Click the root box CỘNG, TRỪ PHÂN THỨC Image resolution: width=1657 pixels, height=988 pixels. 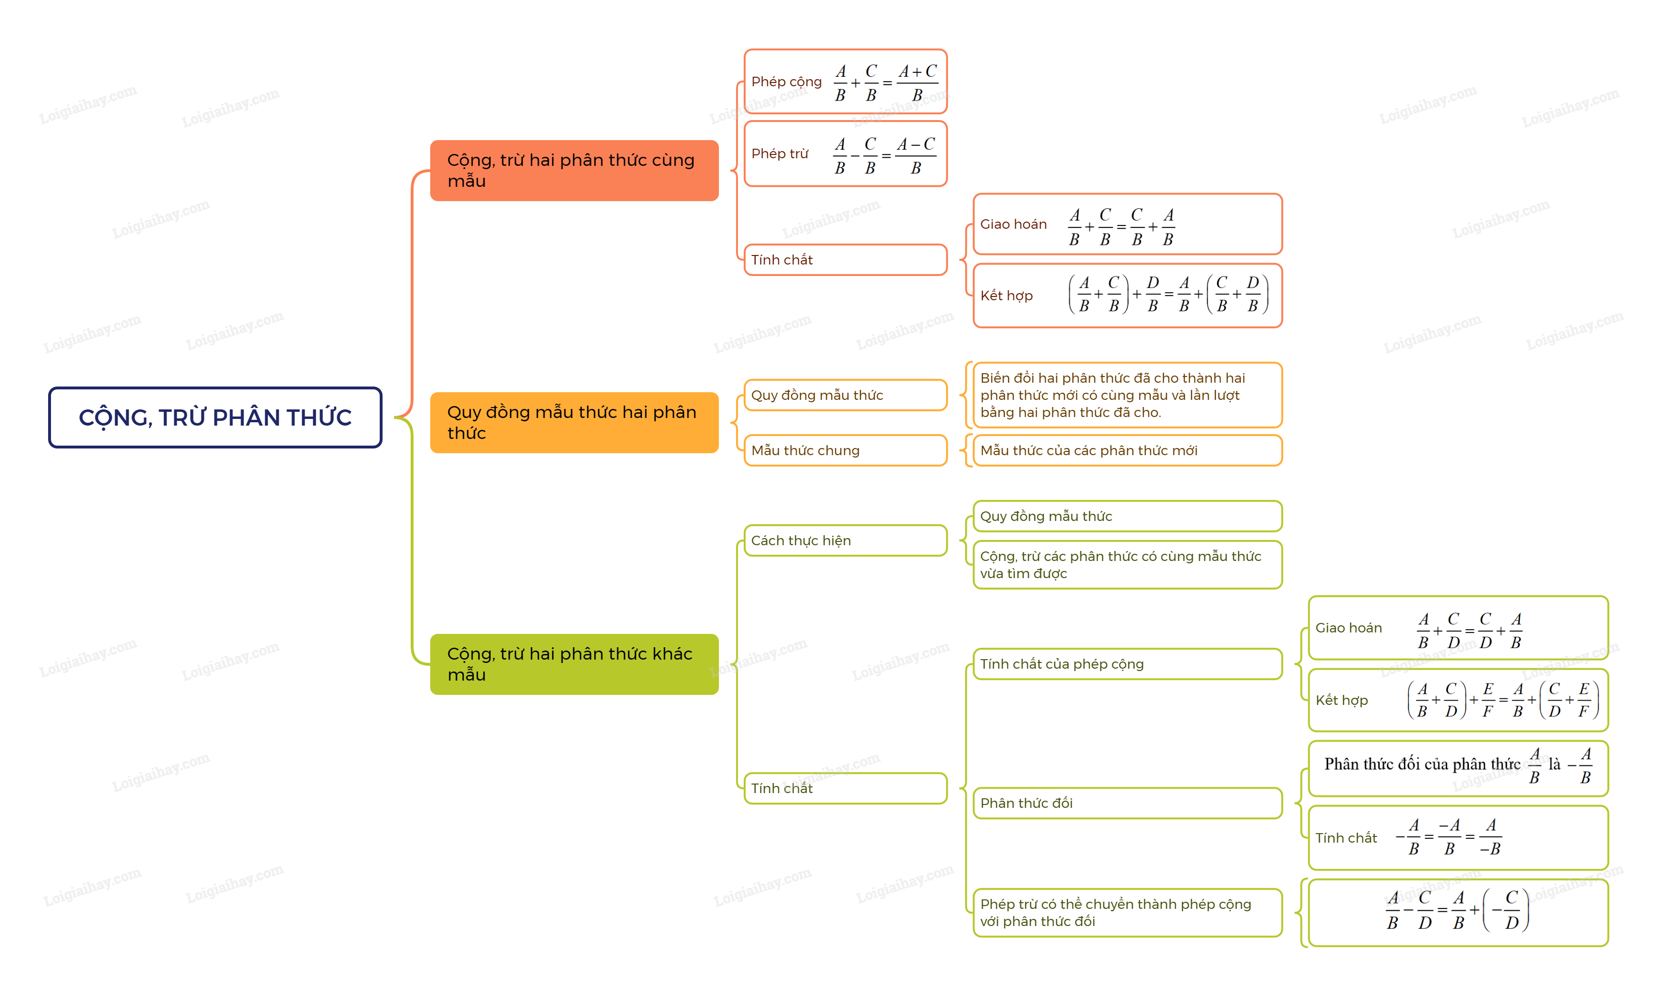click(x=215, y=418)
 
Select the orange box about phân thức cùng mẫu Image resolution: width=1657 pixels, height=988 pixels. click(x=574, y=171)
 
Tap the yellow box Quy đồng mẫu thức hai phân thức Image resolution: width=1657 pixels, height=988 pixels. click(x=574, y=423)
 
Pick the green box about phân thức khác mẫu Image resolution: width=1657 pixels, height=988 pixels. click(x=574, y=664)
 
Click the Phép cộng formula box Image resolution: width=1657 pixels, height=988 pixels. click(x=845, y=82)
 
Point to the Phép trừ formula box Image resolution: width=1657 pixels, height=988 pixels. click(x=845, y=154)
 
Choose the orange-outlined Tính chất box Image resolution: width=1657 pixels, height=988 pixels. click(x=845, y=260)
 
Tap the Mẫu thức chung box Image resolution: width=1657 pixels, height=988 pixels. click(x=845, y=451)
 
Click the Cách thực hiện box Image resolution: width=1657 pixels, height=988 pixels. click(x=845, y=540)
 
